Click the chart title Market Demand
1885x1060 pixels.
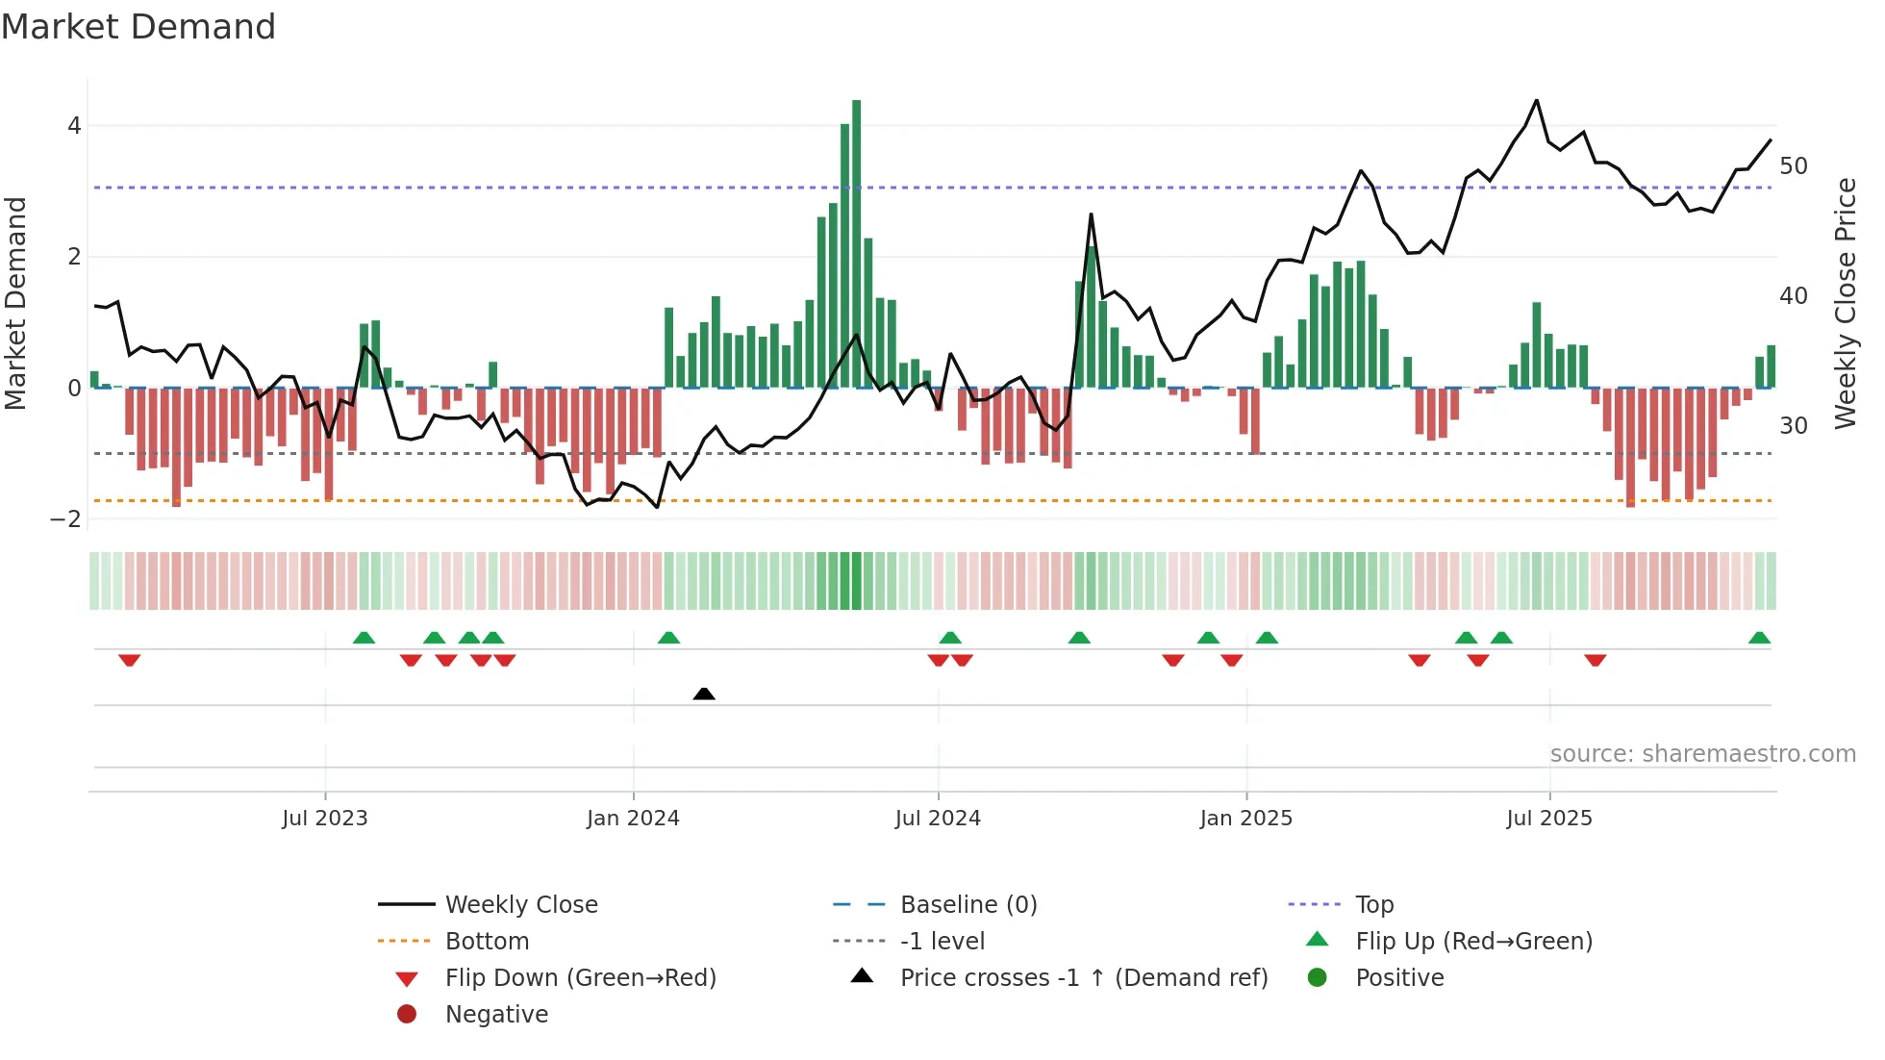pyautogui.click(x=138, y=27)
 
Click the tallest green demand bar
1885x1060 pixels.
pyautogui.click(x=856, y=240)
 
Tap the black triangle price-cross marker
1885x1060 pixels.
pyautogui.click(x=704, y=694)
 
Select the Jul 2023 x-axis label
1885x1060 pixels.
pyautogui.click(x=325, y=819)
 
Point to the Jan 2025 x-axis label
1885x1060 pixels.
pyautogui.click(x=1246, y=819)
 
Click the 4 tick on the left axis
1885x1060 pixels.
pyautogui.click(x=74, y=126)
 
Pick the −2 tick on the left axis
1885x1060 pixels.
pyautogui.click(x=66, y=519)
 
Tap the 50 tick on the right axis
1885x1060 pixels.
pyautogui.click(x=1794, y=166)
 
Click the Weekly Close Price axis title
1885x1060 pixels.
pyautogui.click(x=1845, y=303)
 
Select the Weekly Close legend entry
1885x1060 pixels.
pyautogui.click(x=520, y=905)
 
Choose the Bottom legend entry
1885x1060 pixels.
pyautogui.click(x=487, y=942)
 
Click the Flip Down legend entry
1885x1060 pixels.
pyautogui.click(x=580, y=978)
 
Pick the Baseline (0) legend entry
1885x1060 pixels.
pyautogui.click(x=968, y=905)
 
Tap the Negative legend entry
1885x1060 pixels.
pyautogui.click(x=496, y=1015)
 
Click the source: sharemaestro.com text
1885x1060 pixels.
pyautogui.click(x=1702, y=754)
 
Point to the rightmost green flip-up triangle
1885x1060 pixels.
pyautogui.click(x=1759, y=638)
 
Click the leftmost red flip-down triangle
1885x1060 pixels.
pyautogui.click(x=130, y=660)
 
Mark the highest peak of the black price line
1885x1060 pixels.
pyautogui.click(x=1536, y=101)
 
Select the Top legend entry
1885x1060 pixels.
pyautogui.click(x=1374, y=905)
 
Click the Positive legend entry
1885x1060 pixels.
pyautogui.click(x=1399, y=978)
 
